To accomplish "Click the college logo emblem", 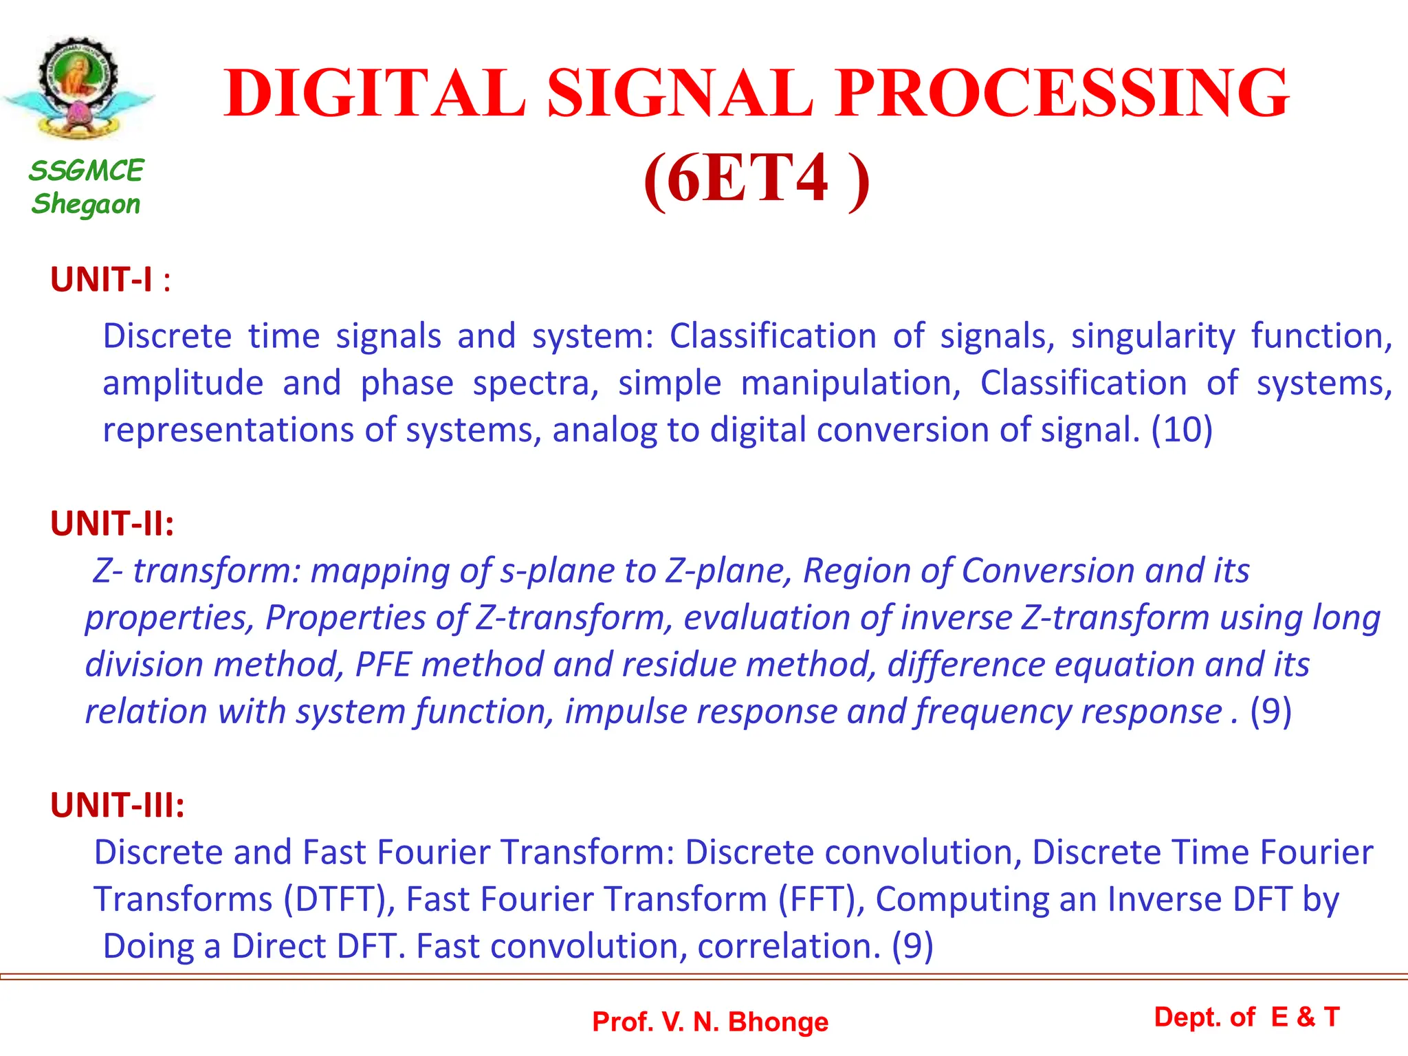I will [78, 88].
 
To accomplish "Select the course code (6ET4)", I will [756, 179].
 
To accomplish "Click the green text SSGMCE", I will [86, 170].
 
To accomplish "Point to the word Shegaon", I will [86, 204].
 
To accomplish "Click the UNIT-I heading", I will [101, 280].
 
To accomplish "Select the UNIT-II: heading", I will [112, 524].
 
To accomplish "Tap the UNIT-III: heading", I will [118, 805].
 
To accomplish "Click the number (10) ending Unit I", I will [1182, 430].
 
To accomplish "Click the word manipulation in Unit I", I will [850, 384].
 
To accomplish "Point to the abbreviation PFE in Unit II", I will [383, 665].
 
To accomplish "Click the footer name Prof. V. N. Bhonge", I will [710, 1022].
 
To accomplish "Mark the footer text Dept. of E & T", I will [1246, 1017].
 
